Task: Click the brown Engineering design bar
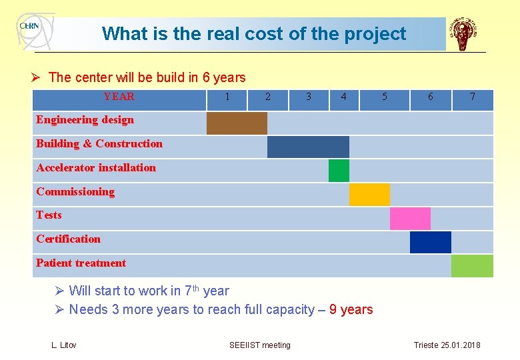coord(237,123)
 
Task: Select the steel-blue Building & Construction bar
coord(308,147)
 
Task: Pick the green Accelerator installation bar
coord(339,171)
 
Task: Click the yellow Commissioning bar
coord(369,195)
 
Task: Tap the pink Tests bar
coord(410,219)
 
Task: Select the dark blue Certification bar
coord(430,242)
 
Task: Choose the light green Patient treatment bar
coord(472,266)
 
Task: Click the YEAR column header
coord(119,97)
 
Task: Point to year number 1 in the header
coord(227,97)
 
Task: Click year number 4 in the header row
coord(343,97)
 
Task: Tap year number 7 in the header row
coord(473,97)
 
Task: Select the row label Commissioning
coord(75,192)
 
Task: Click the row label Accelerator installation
coord(96,168)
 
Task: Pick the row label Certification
coord(68,239)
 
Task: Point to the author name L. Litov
coord(64,345)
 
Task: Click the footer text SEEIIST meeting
coord(260,345)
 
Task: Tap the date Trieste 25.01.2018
coord(447,345)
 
